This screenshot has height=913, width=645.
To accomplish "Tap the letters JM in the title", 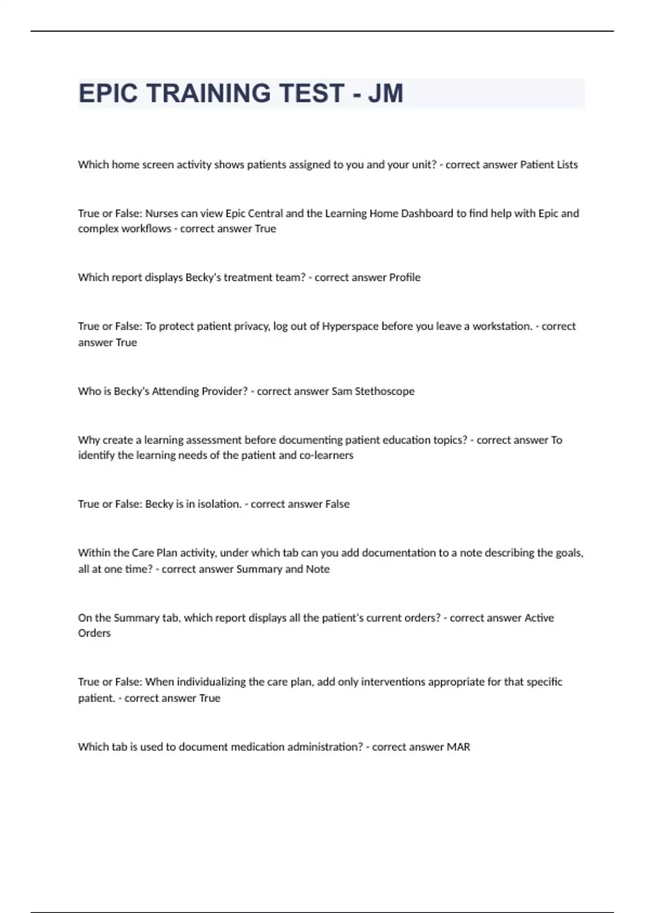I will coord(385,93).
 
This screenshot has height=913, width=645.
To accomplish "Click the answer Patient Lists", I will coord(549,165).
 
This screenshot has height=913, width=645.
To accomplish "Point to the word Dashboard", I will coord(427,213).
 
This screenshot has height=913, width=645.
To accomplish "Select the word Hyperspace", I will coord(350,327).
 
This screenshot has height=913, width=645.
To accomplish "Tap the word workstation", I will coord(502,327).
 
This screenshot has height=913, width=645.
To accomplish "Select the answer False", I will coord(338,504).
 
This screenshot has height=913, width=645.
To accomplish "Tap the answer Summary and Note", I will coord(283,569).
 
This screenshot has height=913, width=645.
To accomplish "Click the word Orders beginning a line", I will coord(95,633).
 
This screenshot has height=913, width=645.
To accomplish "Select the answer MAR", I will coord(458,747).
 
